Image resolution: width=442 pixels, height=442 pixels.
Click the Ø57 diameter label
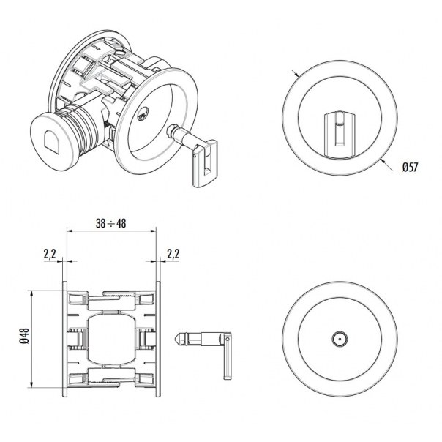tap(410, 168)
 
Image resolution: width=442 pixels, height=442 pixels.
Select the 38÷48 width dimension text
tap(111, 224)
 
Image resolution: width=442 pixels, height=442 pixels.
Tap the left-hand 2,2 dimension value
tap(50, 254)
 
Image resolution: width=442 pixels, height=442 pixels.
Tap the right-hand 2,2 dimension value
tap(173, 254)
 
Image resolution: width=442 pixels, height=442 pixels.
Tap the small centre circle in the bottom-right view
tap(339, 339)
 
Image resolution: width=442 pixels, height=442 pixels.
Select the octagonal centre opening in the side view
tap(111, 339)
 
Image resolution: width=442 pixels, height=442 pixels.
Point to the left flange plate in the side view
tap(65, 339)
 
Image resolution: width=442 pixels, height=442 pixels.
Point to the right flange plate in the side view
tap(159, 339)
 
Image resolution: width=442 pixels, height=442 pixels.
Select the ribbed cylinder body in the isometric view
tap(84, 130)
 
